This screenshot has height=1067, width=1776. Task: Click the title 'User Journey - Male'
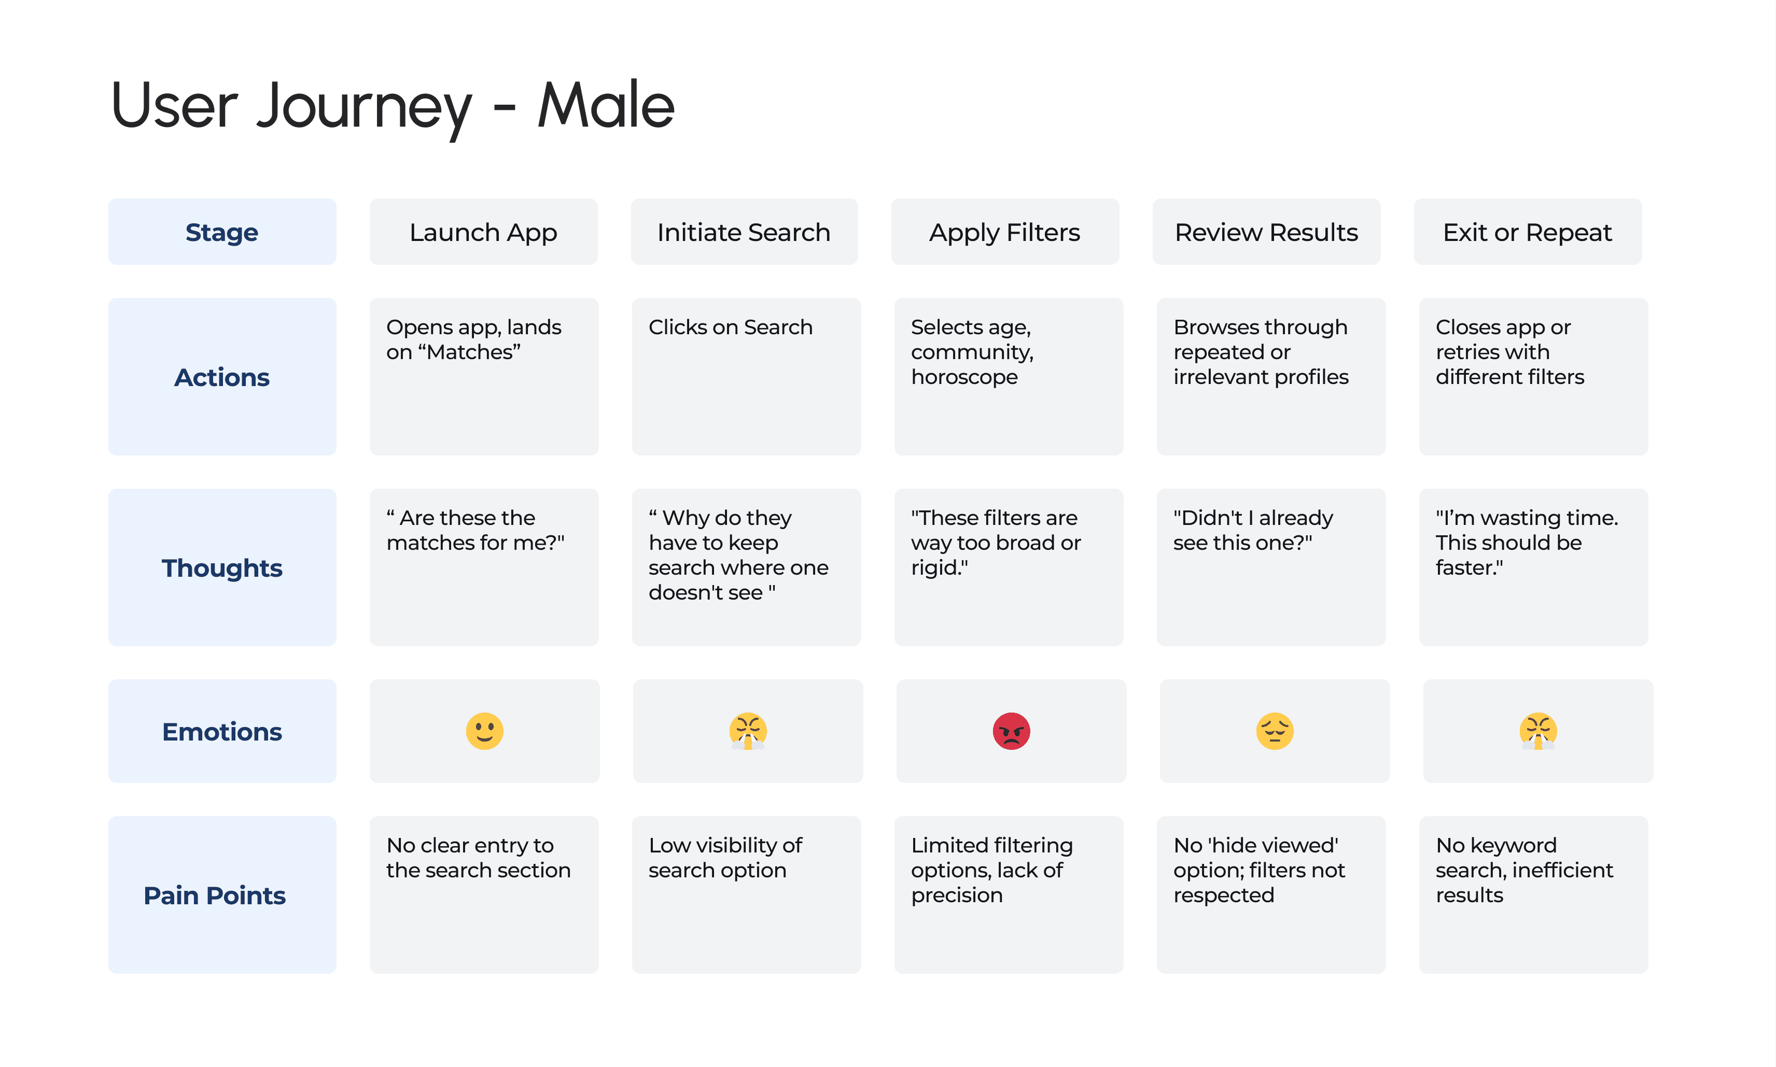393,106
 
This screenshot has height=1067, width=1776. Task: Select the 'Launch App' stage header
483,232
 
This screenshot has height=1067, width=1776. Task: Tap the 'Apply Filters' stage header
1004,232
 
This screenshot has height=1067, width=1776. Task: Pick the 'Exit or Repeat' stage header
1527,232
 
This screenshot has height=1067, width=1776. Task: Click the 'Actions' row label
221,377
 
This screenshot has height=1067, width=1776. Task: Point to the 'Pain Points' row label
214,895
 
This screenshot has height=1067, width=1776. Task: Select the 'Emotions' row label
221,731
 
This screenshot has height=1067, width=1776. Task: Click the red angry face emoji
1011,731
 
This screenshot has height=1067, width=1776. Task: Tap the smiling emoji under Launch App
484,731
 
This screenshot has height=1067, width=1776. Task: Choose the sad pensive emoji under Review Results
1274,731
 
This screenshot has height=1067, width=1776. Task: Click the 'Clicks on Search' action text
730,327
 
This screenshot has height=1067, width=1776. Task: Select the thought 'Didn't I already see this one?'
1253,530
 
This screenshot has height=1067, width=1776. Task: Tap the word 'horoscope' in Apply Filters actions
964,377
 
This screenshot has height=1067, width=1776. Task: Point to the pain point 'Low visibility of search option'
725,857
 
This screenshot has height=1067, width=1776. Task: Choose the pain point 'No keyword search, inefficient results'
1524,870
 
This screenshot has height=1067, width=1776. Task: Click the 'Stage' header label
221,232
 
